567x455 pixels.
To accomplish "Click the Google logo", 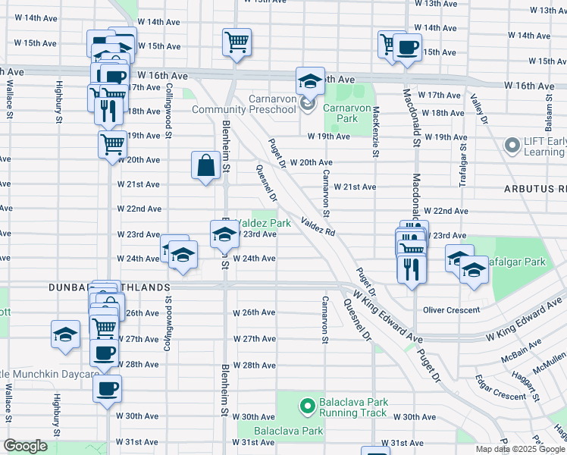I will tap(26, 446).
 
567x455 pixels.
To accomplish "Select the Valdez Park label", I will tap(263, 224).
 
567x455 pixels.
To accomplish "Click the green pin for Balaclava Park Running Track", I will tap(308, 406).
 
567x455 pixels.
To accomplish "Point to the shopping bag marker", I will tap(207, 166).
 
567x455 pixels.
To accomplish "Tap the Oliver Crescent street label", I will tap(451, 310).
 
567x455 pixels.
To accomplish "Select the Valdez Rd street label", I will tap(318, 226).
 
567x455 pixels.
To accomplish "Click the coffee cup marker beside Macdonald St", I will tap(407, 49).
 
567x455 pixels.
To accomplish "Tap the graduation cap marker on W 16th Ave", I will tap(309, 80).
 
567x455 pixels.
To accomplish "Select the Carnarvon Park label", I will tap(340, 113).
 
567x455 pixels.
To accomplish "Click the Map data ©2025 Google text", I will tap(520, 449).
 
